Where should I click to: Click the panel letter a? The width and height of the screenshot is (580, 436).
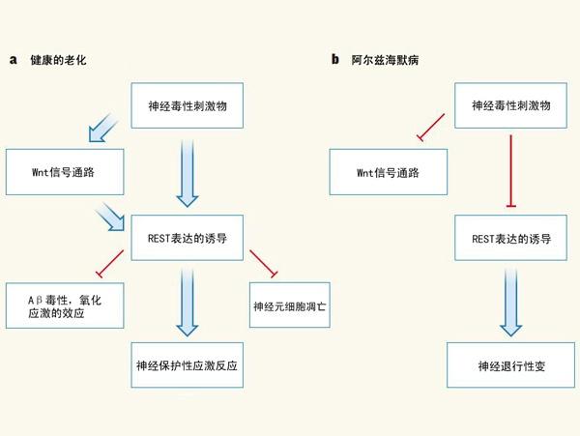point(14,60)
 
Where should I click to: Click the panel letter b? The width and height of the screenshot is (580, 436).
point(334,60)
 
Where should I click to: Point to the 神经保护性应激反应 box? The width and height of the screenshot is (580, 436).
point(188,365)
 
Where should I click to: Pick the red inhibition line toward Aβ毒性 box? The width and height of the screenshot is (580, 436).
point(107,263)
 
